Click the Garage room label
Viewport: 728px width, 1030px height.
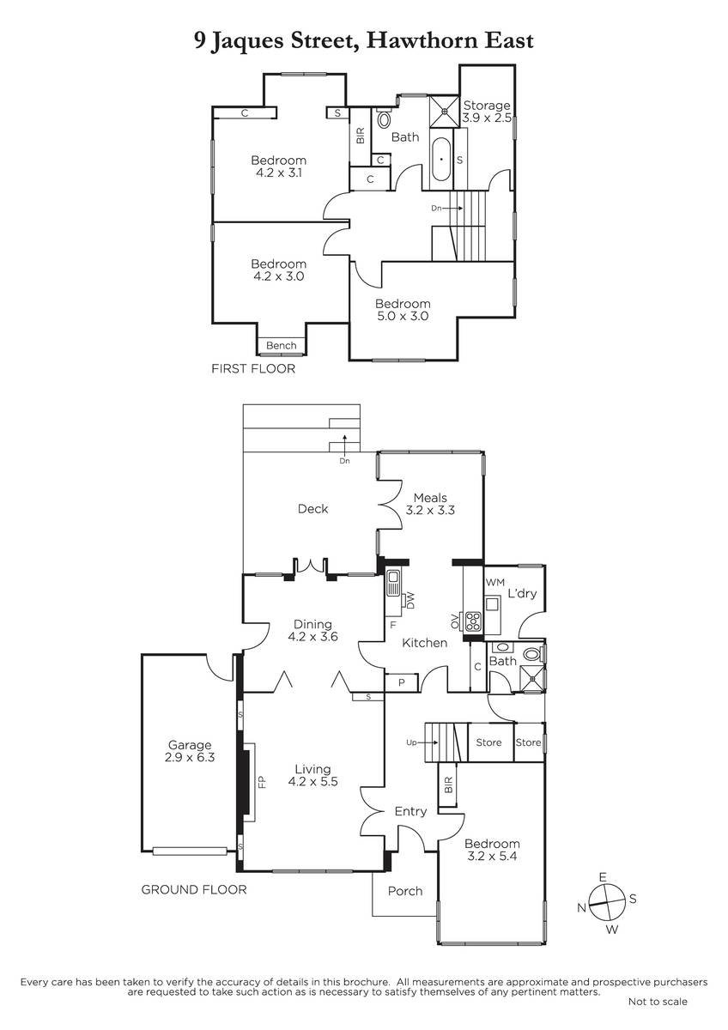190,751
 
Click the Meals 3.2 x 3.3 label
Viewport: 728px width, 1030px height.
430,504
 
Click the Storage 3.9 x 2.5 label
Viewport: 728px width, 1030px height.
487,112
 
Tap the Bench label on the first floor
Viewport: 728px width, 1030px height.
281,345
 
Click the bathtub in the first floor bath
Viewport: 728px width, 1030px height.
441,160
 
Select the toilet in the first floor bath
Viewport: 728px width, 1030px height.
383,118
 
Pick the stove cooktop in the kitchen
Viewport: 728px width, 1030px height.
473,621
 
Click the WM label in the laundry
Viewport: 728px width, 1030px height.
494,582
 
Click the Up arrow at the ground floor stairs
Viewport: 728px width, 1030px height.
422,742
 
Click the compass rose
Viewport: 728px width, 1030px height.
607,903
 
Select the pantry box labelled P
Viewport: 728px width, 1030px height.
402,682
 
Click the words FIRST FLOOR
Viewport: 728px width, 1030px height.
253,368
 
